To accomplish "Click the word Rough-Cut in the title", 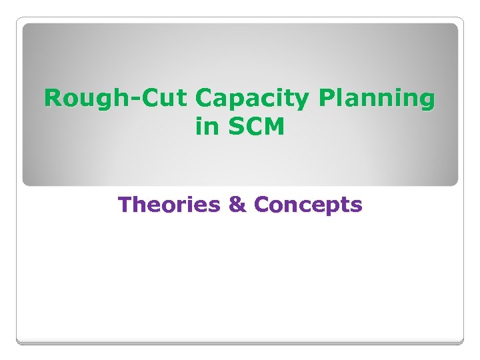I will [117, 99].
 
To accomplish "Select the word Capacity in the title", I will [254, 100].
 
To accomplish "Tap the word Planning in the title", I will [377, 100].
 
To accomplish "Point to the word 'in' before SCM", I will [205, 126].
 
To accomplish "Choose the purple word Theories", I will [169, 205].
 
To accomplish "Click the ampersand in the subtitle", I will [237, 205].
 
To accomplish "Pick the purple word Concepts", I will [308, 205].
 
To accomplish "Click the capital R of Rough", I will [53, 99].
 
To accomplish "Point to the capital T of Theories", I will [125, 205].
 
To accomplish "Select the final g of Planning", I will [427, 102].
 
